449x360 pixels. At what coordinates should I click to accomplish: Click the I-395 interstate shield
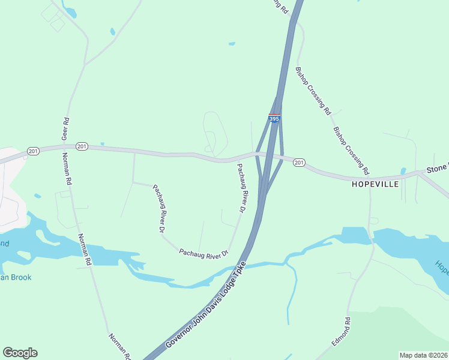coord(274,118)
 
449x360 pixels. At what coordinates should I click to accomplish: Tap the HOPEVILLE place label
coord(375,184)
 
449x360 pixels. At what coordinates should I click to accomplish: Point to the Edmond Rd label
coord(341,332)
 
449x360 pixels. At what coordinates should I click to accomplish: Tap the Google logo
coord(20,353)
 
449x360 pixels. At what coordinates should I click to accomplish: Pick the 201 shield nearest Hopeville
coord(299,162)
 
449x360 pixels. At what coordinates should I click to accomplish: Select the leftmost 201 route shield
coord(33,151)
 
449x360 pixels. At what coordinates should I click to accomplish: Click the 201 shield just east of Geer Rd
coord(82,146)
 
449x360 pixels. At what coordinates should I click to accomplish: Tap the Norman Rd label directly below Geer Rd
coord(68,169)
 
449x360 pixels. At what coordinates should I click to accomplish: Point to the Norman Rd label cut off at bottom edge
coord(119,346)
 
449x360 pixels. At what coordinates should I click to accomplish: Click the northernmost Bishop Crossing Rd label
coord(313,91)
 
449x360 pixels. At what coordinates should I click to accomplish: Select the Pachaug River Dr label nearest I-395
coord(241,188)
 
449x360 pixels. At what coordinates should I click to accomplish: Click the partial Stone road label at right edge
coord(437,169)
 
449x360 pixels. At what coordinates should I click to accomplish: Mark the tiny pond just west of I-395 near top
coord(232,43)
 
